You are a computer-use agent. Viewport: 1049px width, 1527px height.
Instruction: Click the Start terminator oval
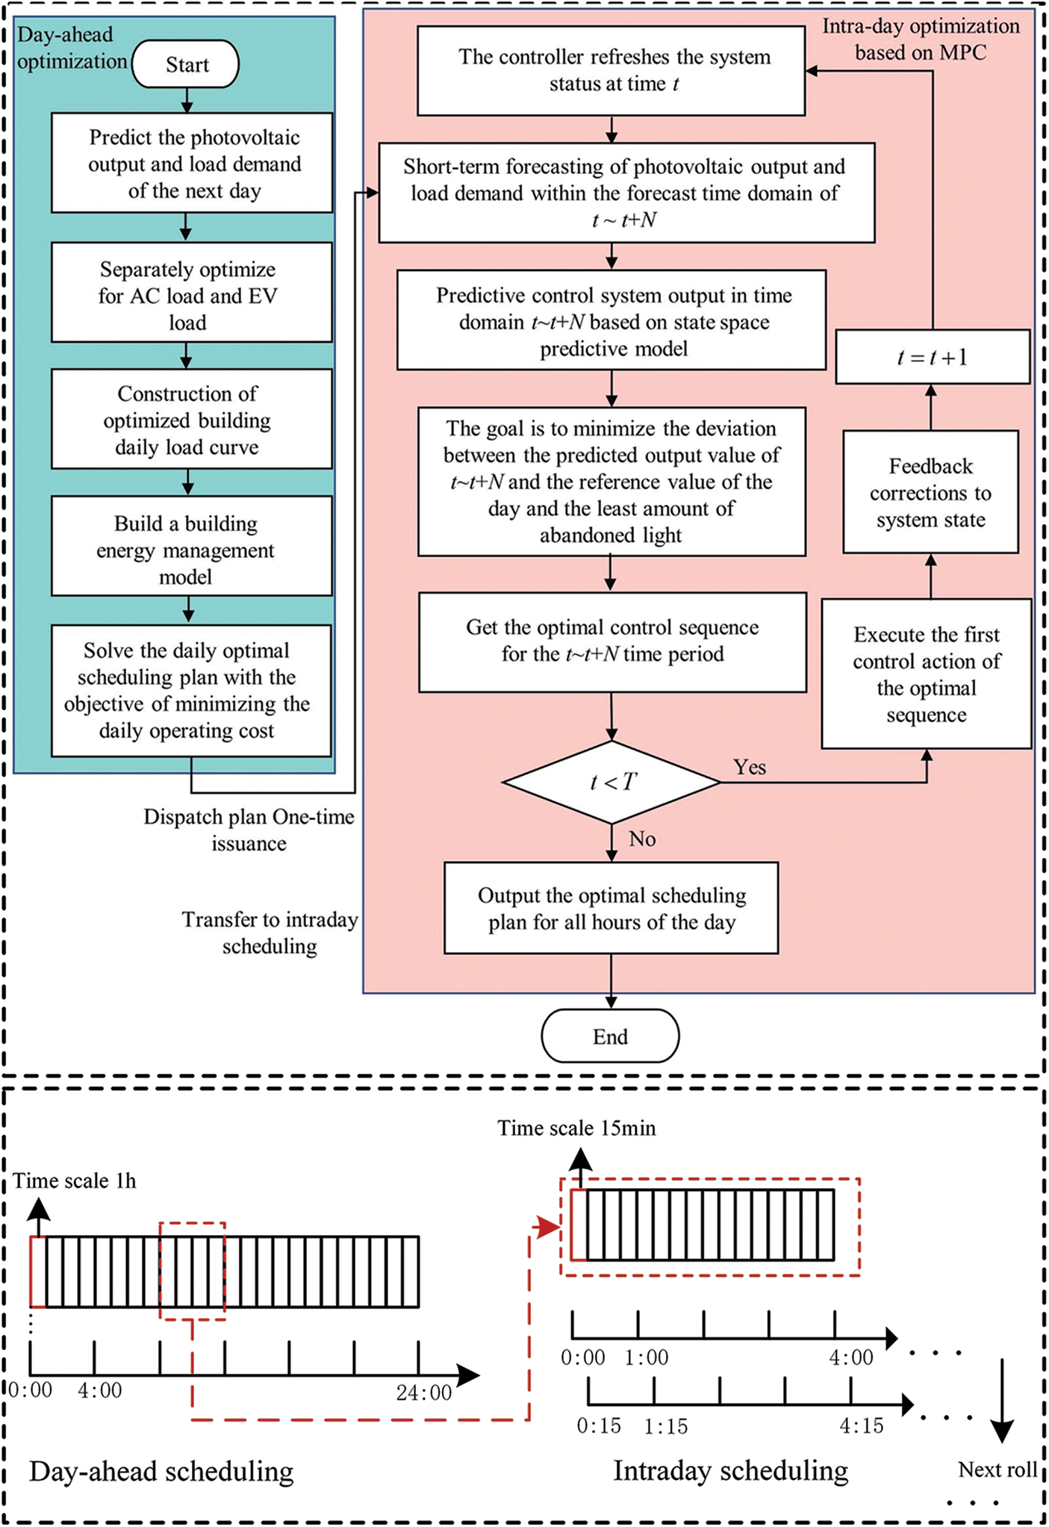tap(186, 65)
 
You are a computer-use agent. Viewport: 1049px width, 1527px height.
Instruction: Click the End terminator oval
tap(610, 1036)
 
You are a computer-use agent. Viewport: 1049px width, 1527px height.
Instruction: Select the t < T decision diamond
tap(611, 782)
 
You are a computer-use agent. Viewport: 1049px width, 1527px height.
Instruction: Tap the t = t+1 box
tap(932, 357)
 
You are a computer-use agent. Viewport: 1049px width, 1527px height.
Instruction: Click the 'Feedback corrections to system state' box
tap(930, 492)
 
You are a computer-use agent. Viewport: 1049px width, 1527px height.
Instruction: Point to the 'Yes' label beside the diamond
tap(750, 768)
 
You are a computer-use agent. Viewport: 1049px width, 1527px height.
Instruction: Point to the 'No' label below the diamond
tap(642, 839)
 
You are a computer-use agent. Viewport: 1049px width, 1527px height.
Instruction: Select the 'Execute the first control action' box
tap(926, 674)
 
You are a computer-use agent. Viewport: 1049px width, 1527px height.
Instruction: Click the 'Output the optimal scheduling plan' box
tap(611, 908)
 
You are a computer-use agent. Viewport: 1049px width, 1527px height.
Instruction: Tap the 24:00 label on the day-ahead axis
tap(424, 1393)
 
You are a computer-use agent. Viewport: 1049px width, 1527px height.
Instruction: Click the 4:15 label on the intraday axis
tap(861, 1426)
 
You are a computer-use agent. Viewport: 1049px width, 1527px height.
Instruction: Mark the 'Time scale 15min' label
tap(576, 1128)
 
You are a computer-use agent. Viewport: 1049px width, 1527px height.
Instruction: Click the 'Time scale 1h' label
tap(75, 1181)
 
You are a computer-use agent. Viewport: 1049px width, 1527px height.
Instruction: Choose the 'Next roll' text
tap(997, 1470)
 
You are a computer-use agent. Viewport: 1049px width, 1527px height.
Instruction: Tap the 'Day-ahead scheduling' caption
tap(161, 1472)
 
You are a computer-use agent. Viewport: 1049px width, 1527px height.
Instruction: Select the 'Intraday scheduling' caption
tap(730, 1470)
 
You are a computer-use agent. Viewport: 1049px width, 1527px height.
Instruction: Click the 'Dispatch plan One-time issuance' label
tap(249, 830)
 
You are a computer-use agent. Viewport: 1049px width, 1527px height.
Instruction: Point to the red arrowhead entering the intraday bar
tap(549, 1226)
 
